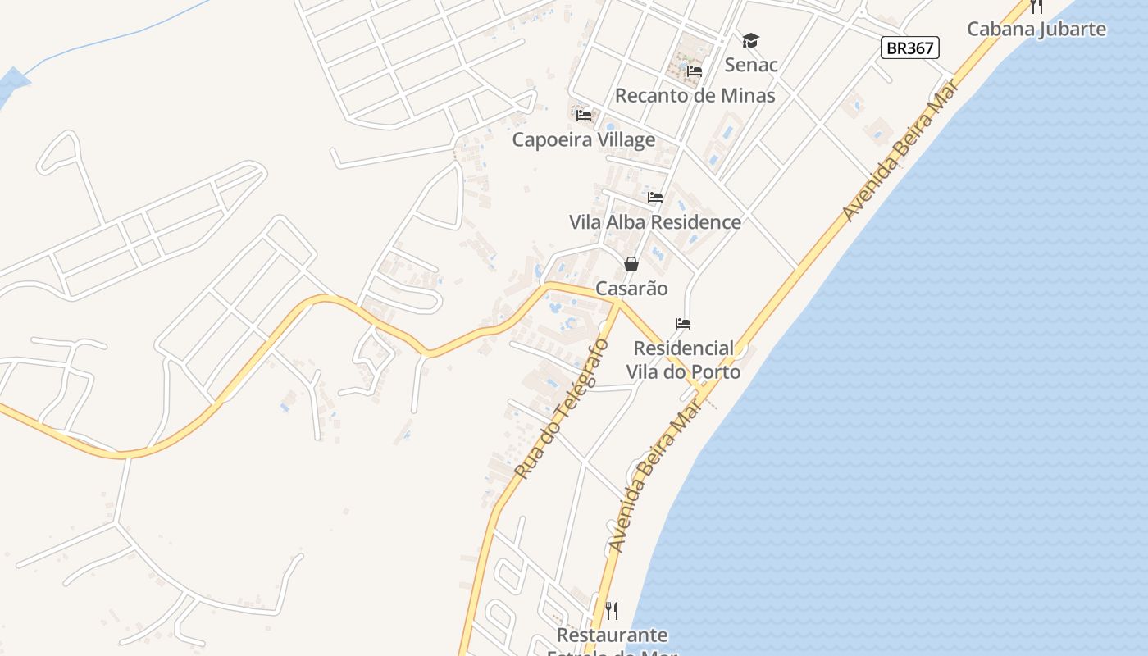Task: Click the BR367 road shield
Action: point(910,48)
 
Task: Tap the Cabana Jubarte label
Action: point(1036,30)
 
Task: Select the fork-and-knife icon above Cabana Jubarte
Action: point(1036,7)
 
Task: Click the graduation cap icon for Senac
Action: point(750,40)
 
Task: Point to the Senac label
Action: point(751,64)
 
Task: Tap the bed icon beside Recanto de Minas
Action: point(695,71)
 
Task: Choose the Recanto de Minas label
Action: point(695,95)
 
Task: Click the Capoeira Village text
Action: point(584,139)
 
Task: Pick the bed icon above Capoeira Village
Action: point(584,116)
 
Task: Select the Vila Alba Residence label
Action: point(654,222)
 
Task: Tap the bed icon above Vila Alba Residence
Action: point(655,198)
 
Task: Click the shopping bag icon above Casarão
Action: point(631,264)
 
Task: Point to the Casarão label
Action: point(631,289)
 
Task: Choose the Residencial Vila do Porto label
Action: point(683,360)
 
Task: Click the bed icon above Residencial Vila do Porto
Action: point(683,324)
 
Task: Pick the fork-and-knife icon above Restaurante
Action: point(612,611)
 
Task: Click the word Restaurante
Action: point(612,635)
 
